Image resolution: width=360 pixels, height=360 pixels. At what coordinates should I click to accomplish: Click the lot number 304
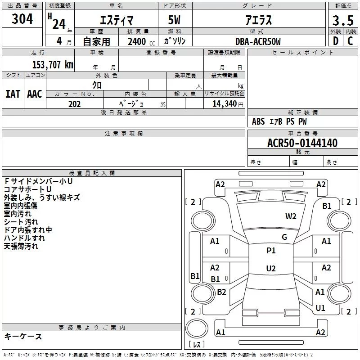[x=22, y=19]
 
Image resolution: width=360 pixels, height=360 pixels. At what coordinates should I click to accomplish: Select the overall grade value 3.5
[x=343, y=20]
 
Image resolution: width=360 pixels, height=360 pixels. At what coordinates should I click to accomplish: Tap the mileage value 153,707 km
[x=53, y=65]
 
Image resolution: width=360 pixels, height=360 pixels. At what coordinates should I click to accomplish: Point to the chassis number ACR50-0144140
[x=302, y=143]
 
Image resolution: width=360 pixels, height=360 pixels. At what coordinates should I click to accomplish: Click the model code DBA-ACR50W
[x=258, y=41]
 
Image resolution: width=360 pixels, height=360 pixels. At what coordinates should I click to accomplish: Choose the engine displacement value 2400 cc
[x=141, y=41]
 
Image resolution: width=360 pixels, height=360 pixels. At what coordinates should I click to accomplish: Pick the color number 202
[x=75, y=104]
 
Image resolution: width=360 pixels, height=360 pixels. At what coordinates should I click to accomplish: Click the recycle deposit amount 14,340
[x=225, y=104]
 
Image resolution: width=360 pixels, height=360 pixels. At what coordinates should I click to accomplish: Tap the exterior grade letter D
[x=336, y=41]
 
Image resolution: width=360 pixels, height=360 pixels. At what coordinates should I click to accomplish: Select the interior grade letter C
[x=350, y=41]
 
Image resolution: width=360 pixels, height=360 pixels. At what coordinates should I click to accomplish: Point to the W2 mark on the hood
[x=291, y=216]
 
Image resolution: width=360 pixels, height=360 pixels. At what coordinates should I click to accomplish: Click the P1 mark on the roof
[x=271, y=250]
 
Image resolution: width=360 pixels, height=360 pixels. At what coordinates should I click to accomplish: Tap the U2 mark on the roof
[x=271, y=268]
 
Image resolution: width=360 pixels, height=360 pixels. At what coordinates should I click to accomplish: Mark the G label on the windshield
[x=284, y=237]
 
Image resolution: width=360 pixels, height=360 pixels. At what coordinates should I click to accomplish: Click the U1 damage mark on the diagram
[x=320, y=308]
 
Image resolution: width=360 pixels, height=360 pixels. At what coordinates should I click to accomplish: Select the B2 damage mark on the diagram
[x=221, y=292]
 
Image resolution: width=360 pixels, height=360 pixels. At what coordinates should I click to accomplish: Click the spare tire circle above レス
[x=197, y=328]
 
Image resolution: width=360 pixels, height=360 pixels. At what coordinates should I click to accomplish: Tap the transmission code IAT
[x=13, y=94]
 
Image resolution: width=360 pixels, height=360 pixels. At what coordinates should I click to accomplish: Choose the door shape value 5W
[x=174, y=20]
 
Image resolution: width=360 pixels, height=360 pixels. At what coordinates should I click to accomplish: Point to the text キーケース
[x=23, y=336]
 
